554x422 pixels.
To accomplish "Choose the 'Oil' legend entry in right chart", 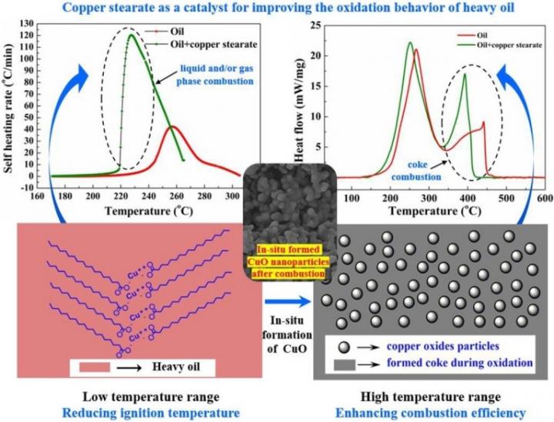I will (x=482, y=35).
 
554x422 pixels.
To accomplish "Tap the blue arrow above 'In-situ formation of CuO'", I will (x=287, y=292).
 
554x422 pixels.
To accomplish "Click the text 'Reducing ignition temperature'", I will (x=133, y=413).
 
